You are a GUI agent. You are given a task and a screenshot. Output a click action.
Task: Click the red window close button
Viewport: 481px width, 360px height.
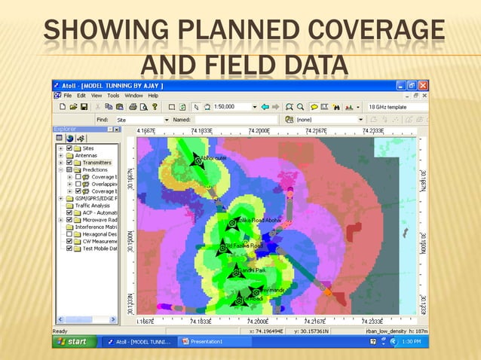[x=424, y=86]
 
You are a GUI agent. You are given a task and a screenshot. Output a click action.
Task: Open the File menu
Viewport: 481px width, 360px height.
[x=68, y=96]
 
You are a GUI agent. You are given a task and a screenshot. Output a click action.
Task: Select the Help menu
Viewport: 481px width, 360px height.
[x=153, y=96]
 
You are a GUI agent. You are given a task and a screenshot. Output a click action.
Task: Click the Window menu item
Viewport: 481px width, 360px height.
[x=133, y=96]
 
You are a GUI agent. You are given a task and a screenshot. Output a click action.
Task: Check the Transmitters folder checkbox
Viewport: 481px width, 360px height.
[x=69, y=163]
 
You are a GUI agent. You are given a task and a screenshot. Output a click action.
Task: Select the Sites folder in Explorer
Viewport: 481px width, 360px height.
[x=88, y=148]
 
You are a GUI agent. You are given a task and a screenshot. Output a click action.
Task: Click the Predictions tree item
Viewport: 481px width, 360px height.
[x=95, y=170]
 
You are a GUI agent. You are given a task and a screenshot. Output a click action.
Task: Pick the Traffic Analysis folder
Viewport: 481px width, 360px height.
[x=93, y=206]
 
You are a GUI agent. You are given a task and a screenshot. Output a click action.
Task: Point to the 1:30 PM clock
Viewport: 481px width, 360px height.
[x=412, y=341]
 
